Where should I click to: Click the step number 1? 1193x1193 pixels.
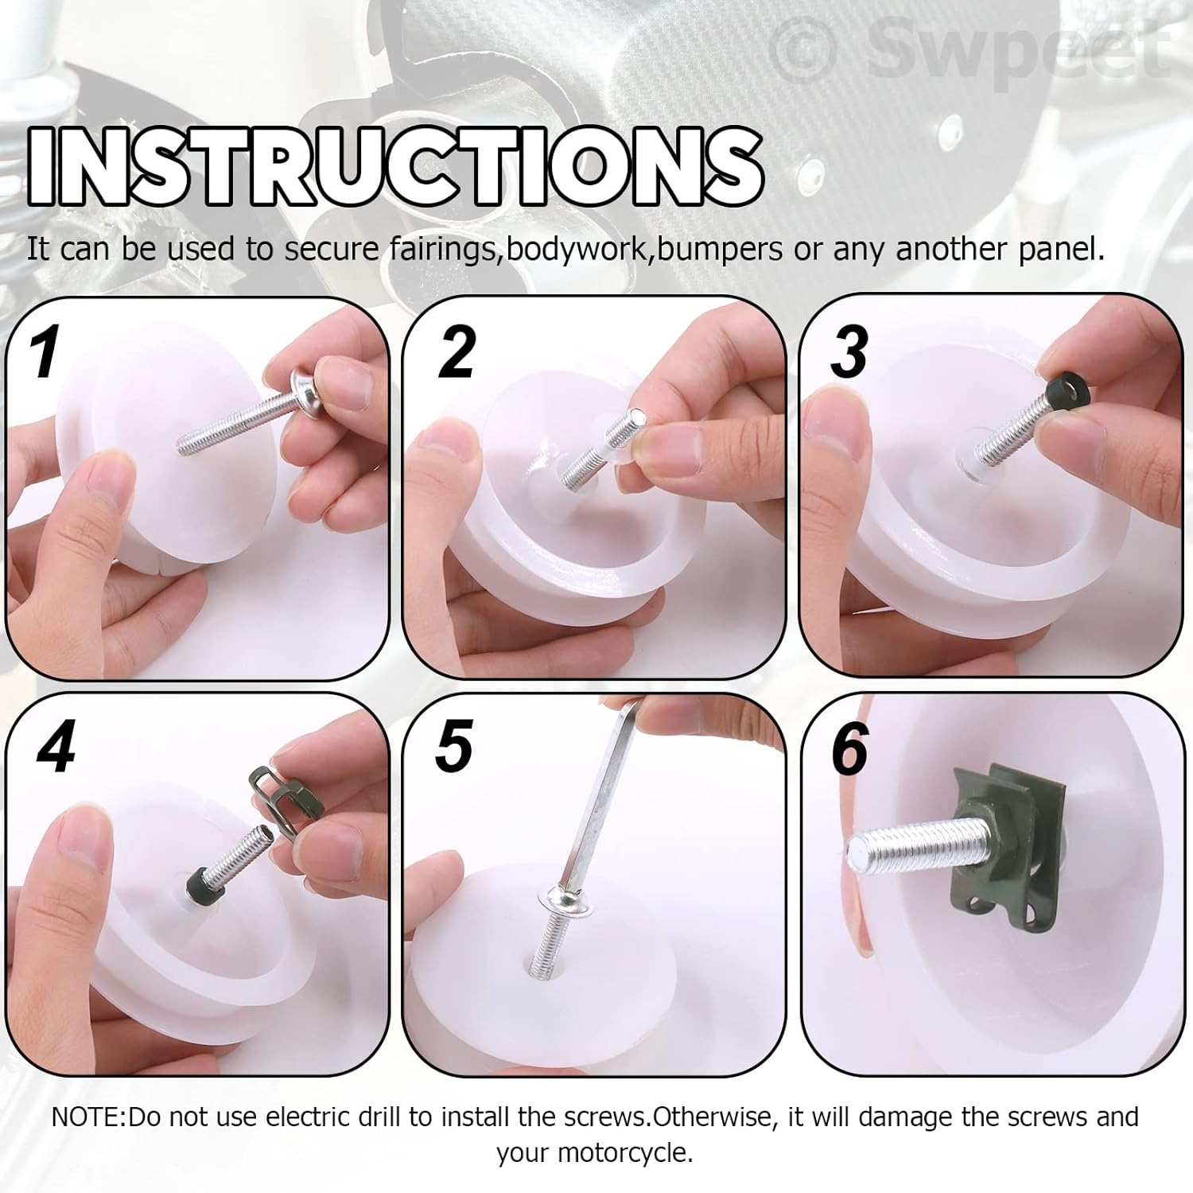(45, 352)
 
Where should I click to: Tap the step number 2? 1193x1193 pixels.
(457, 351)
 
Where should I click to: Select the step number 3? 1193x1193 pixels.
(849, 352)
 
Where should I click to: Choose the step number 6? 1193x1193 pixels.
(849, 748)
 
